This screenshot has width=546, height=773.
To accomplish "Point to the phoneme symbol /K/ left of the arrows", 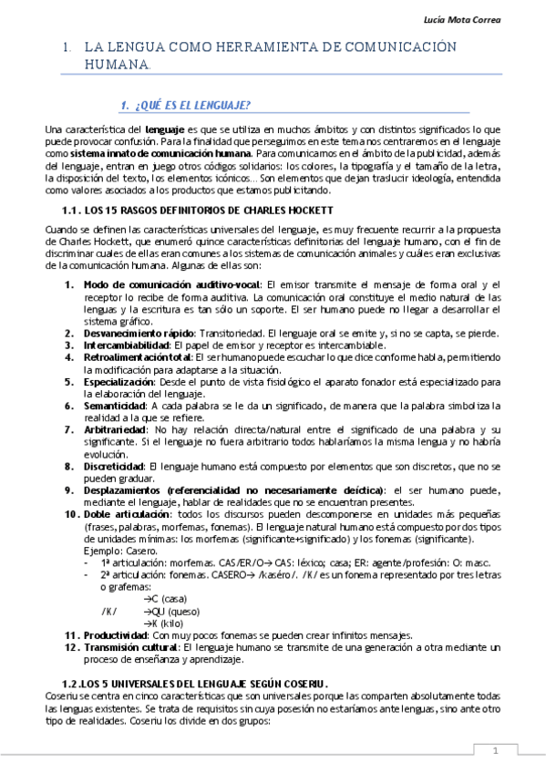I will click(110, 612).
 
